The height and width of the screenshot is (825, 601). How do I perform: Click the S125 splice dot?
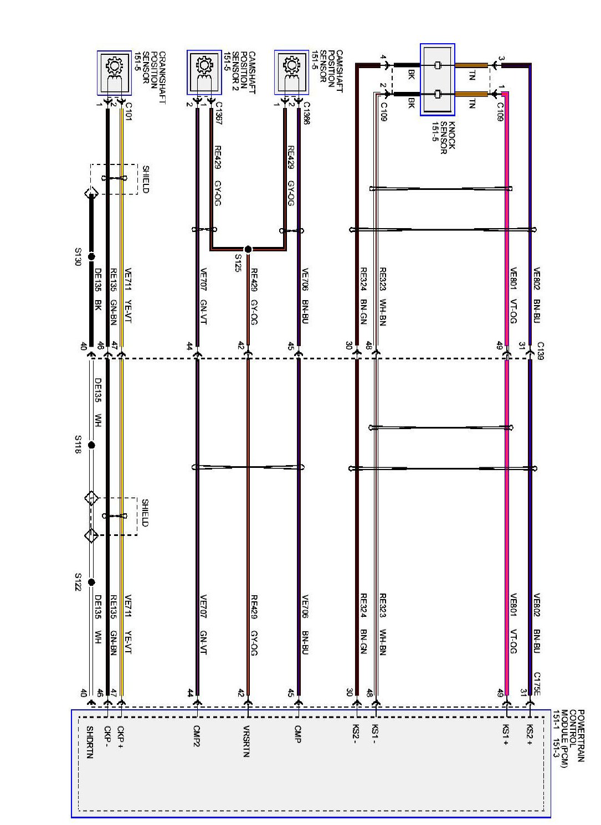coord(248,249)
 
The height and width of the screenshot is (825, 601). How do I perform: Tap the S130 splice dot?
coord(91,257)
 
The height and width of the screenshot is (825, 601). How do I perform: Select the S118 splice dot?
coord(91,445)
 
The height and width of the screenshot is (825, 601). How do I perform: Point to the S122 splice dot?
coord(91,582)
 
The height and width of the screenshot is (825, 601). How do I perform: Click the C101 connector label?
coord(129,111)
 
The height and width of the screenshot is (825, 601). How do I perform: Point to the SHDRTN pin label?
coord(90,742)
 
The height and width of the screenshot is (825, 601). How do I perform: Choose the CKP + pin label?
coord(121,736)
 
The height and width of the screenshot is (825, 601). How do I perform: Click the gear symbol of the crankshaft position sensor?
coord(115,66)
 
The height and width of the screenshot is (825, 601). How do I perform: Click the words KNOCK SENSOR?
coord(448,138)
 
